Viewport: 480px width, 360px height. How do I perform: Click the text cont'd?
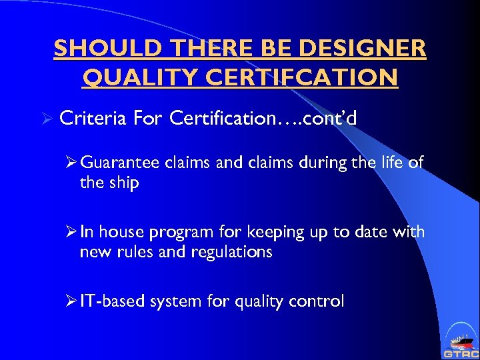tap(330, 118)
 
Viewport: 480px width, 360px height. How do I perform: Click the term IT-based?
tap(111, 301)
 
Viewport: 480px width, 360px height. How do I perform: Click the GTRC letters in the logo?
tap(460, 353)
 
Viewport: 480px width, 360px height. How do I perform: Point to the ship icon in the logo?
tap(460, 339)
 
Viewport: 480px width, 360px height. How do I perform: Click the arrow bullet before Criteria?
tap(45, 118)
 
